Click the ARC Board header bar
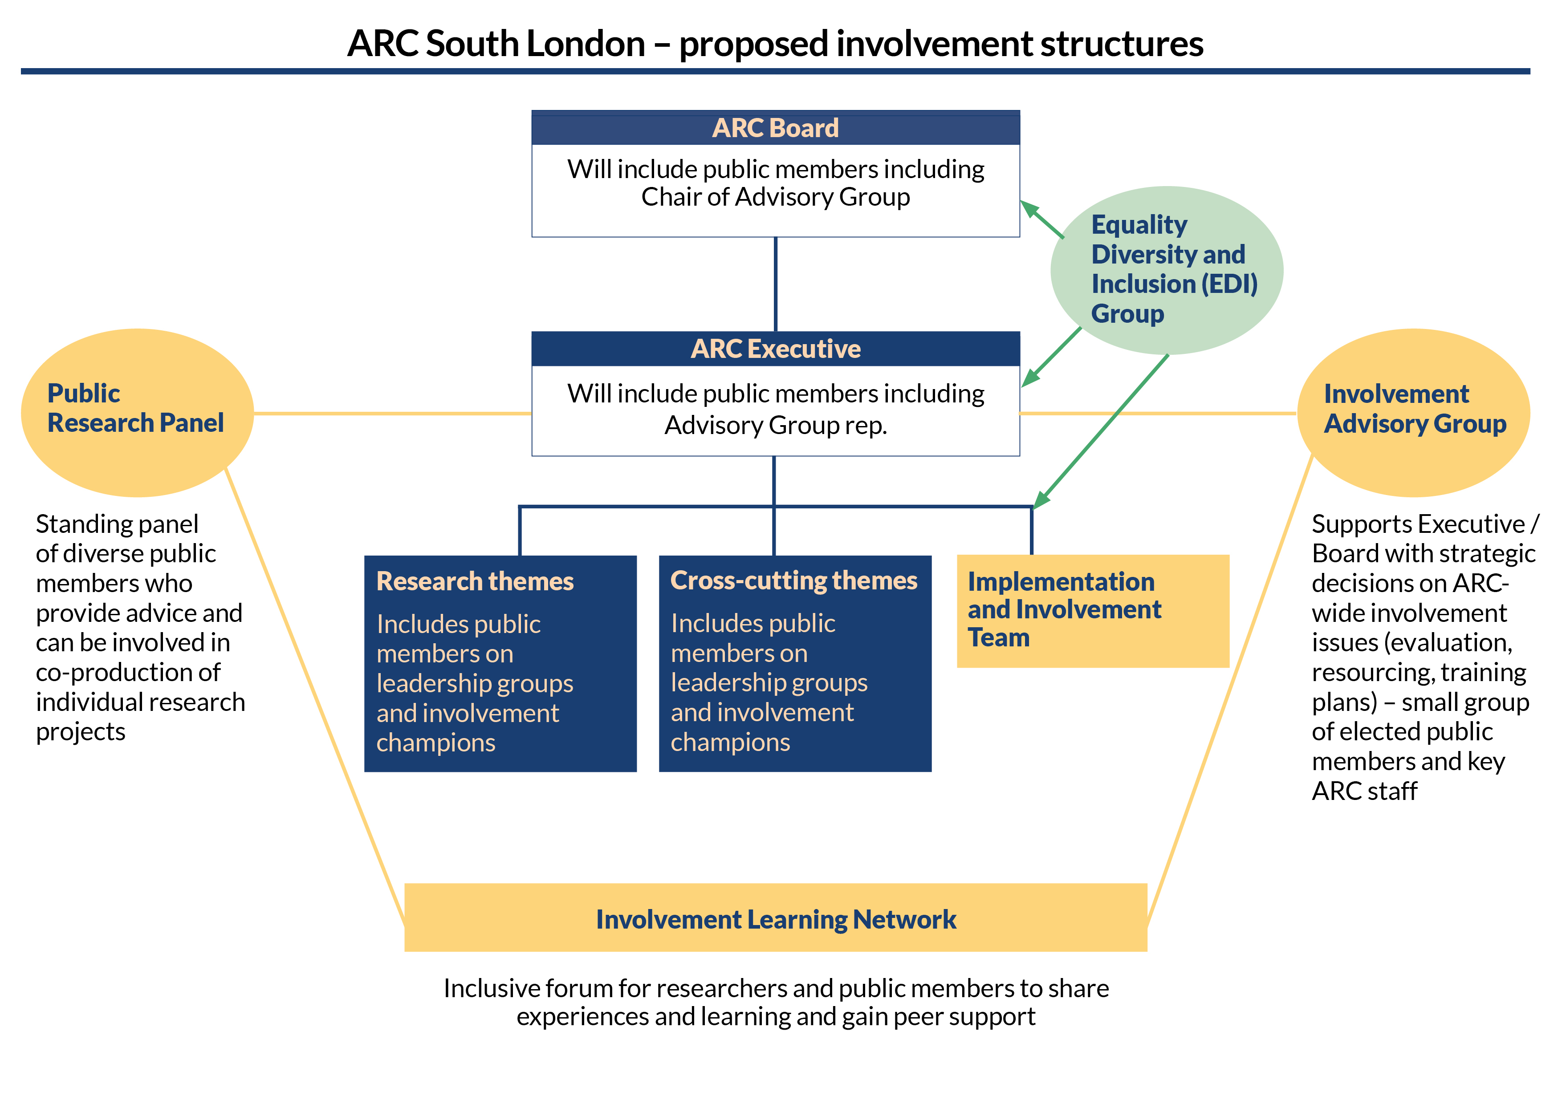click(x=776, y=128)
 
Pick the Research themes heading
click(x=475, y=581)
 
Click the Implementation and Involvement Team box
click(x=1093, y=610)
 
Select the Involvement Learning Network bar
click(x=776, y=918)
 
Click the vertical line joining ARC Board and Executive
click(x=776, y=284)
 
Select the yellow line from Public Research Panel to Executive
click(x=392, y=413)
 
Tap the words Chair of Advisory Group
click(x=776, y=197)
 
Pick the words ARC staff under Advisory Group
click(x=1364, y=791)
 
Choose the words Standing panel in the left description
click(x=117, y=524)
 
